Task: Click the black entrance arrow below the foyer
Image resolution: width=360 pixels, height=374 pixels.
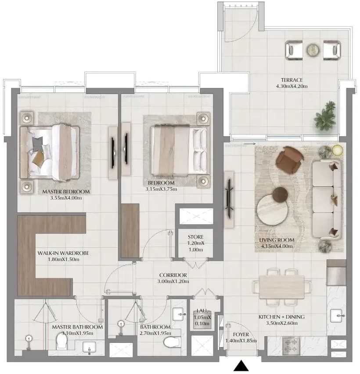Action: click(x=241, y=366)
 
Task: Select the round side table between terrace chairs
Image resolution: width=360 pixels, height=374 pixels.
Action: click(x=313, y=50)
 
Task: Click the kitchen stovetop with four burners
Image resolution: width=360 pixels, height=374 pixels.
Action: click(x=291, y=345)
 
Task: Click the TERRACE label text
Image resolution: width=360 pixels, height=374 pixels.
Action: click(x=292, y=80)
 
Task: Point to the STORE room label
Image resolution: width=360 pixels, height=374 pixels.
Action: click(x=196, y=237)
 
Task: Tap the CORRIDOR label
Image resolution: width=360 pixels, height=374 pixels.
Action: click(x=173, y=275)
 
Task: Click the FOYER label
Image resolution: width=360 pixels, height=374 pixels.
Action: click(x=241, y=334)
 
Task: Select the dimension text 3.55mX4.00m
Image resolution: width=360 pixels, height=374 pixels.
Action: click(x=66, y=198)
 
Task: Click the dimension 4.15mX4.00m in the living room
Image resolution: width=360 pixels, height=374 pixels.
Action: click(x=277, y=246)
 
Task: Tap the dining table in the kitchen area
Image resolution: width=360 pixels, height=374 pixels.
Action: click(x=282, y=287)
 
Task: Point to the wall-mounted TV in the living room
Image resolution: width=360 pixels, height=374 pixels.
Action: click(x=229, y=199)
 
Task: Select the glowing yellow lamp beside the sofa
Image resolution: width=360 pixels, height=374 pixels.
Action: click(x=337, y=150)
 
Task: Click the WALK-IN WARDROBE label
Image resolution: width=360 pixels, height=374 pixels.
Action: click(x=63, y=253)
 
